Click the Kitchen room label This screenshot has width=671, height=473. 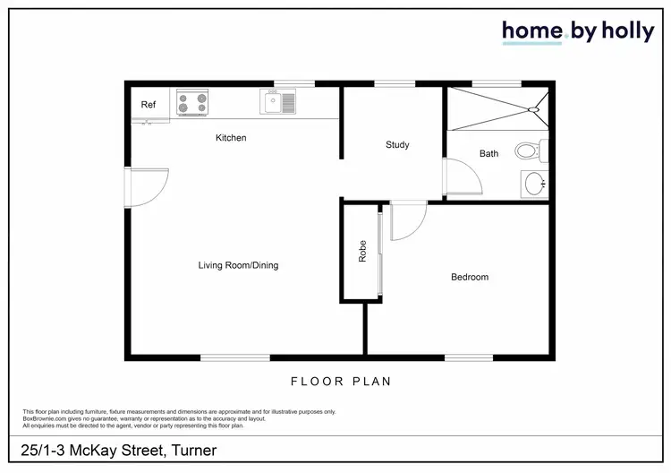point(231,138)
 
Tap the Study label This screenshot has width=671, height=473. point(397,145)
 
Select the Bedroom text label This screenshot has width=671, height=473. point(470,278)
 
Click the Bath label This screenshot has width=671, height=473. point(488,154)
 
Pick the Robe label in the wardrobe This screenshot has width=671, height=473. point(362,254)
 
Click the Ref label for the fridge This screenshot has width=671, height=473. point(149,106)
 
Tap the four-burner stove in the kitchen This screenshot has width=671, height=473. point(191,102)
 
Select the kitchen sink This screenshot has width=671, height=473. point(277,101)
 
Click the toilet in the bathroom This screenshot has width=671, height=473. point(527,150)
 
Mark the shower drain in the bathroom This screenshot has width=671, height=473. point(534,109)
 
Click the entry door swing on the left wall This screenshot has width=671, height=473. point(148,185)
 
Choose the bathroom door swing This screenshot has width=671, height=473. point(462,174)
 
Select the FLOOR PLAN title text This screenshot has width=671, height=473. point(341,382)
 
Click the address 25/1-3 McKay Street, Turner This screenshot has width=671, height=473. point(119,449)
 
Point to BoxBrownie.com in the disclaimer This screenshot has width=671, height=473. point(41,417)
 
